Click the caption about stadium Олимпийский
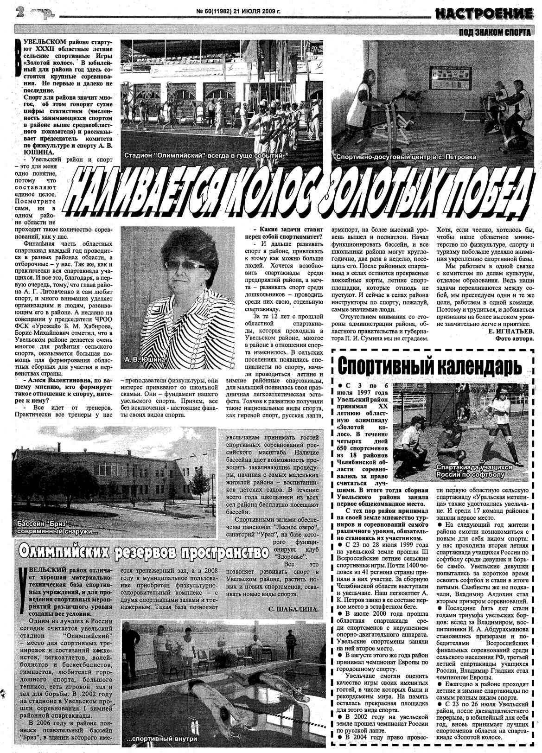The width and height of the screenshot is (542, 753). [203, 156]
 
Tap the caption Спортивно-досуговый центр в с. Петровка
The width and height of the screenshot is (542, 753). [406, 157]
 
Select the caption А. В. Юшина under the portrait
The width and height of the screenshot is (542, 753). [145, 359]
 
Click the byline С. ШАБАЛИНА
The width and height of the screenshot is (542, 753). [294, 608]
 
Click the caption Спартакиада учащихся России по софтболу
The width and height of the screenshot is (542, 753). [475, 471]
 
